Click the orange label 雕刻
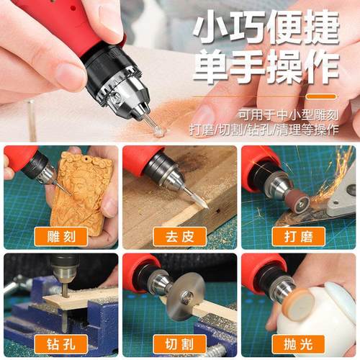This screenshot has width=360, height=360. click(61, 237)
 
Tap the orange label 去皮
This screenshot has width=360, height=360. click(179, 237)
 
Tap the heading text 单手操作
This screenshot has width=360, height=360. click(266, 69)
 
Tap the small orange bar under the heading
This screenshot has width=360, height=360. click(320, 96)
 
